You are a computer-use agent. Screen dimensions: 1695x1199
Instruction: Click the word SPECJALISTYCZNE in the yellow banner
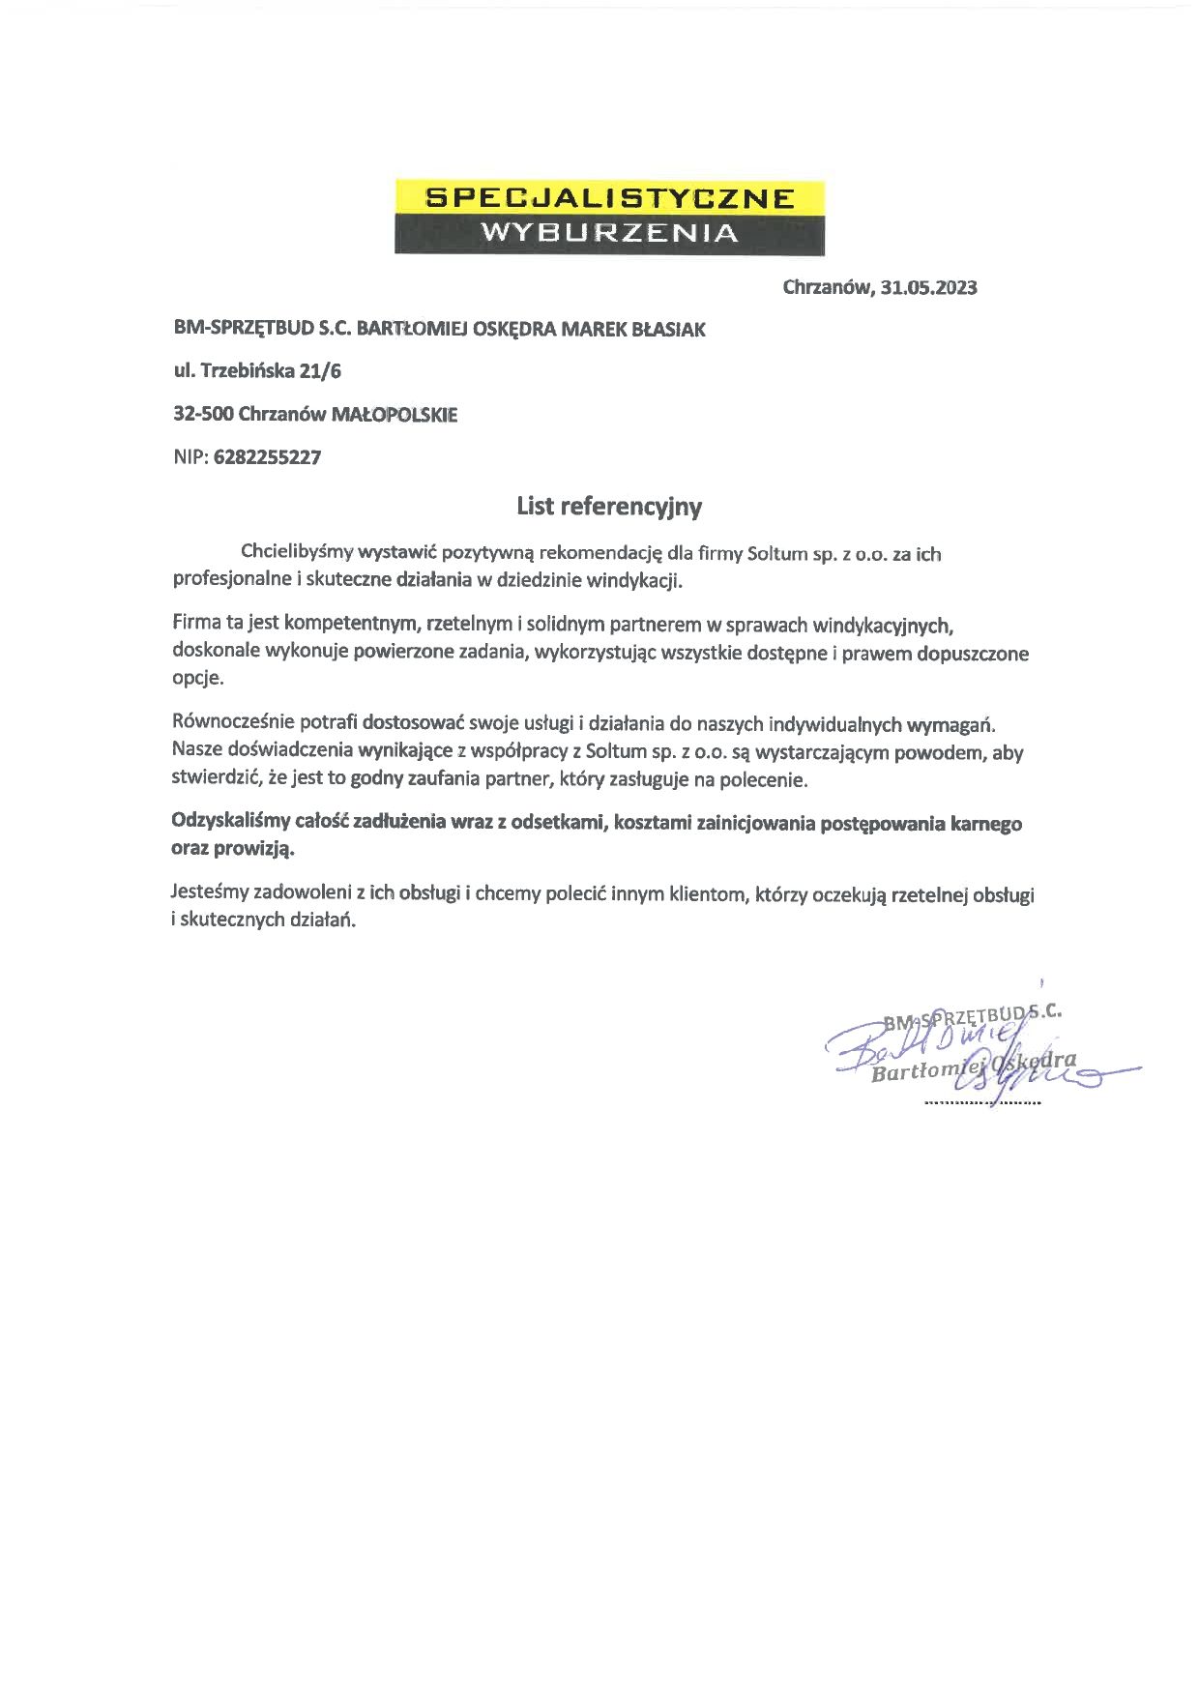coord(609,198)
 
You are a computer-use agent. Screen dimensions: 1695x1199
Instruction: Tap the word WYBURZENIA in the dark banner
coord(609,233)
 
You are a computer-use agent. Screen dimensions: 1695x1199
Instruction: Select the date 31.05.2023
coord(929,287)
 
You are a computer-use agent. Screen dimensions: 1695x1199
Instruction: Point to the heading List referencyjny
coord(609,506)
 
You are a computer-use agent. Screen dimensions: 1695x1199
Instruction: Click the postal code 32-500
coord(202,415)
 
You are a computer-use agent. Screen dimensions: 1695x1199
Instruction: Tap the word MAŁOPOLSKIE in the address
coord(395,415)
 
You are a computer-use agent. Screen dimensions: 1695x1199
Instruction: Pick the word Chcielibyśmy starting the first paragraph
coord(297,553)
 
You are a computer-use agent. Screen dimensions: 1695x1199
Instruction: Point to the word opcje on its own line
coord(197,678)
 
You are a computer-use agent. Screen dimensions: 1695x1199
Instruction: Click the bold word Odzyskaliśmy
coord(230,823)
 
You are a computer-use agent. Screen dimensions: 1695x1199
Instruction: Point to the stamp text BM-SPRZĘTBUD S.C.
coord(972,1016)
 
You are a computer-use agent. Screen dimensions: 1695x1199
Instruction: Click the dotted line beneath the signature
coord(981,1102)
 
